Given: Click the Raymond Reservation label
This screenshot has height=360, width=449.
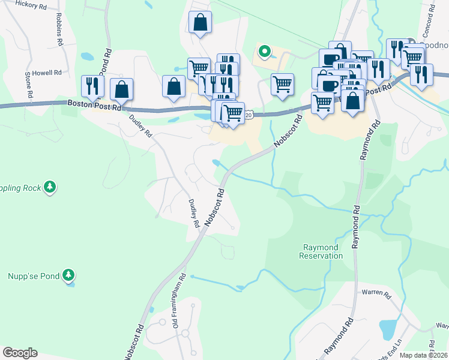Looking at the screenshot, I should coord(321,251).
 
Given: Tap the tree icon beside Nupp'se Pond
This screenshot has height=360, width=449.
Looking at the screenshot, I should coord(70,275).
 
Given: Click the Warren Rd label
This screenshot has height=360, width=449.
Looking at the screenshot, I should coord(376,296).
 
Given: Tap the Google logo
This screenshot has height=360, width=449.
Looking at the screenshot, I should coord(20,353).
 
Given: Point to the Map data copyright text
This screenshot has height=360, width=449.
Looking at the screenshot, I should coord(424,355).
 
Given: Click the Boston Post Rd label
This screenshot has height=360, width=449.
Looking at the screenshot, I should coord(94,103).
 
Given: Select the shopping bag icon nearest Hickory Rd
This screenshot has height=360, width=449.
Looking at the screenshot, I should coord(200,23).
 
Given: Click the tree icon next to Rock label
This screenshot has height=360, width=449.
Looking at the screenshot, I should coord(50,187).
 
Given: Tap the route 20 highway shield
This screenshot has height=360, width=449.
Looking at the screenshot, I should coord(249,114).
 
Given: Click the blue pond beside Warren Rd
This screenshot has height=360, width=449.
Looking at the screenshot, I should coord(388,329).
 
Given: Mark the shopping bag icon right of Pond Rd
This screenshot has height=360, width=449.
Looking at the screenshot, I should coord(122,89).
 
